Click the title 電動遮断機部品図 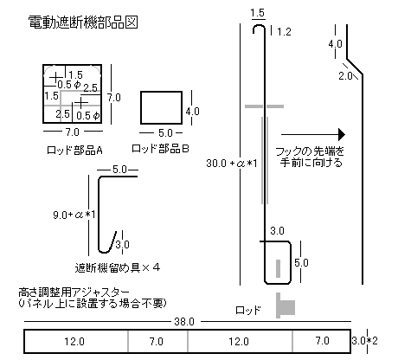click(83, 22)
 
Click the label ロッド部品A click(74, 151)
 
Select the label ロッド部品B click(160, 149)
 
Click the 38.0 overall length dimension click(184, 322)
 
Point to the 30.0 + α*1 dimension click(231, 164)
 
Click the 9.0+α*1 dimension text click(74, 215)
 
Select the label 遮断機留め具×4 click(117, 268)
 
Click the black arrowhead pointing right click(342, 134)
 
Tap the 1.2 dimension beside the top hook click(284, 32)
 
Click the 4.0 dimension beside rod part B click(192, 112)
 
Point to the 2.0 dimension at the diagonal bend click(345, 76)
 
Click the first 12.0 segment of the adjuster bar click(74, 342)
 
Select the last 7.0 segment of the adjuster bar click(322, 341)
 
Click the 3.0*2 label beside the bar click(364, 341)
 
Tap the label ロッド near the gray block click(248, 311)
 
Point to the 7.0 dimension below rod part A click(72, 132)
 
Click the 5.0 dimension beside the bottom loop click(301, 263)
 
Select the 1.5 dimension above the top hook click(258, 13)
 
